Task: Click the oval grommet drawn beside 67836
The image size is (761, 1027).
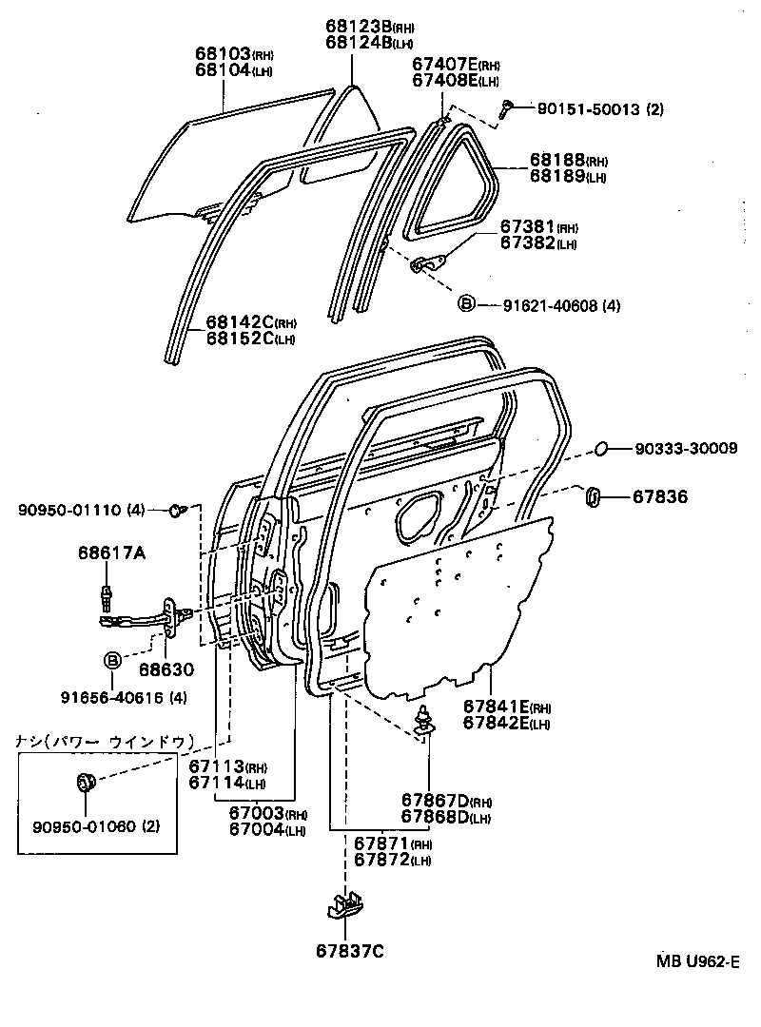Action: (x=592, y=495)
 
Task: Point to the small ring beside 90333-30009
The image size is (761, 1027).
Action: (x=601, y=449)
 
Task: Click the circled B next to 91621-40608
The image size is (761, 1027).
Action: (x=466, y=304)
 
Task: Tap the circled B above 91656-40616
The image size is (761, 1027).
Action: (x=112, y=660)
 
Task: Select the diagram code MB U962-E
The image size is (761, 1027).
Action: (x=696, y=961)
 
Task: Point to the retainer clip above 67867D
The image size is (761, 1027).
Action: (x=424, y=720)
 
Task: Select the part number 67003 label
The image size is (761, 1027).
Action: (x=256, y=814)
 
